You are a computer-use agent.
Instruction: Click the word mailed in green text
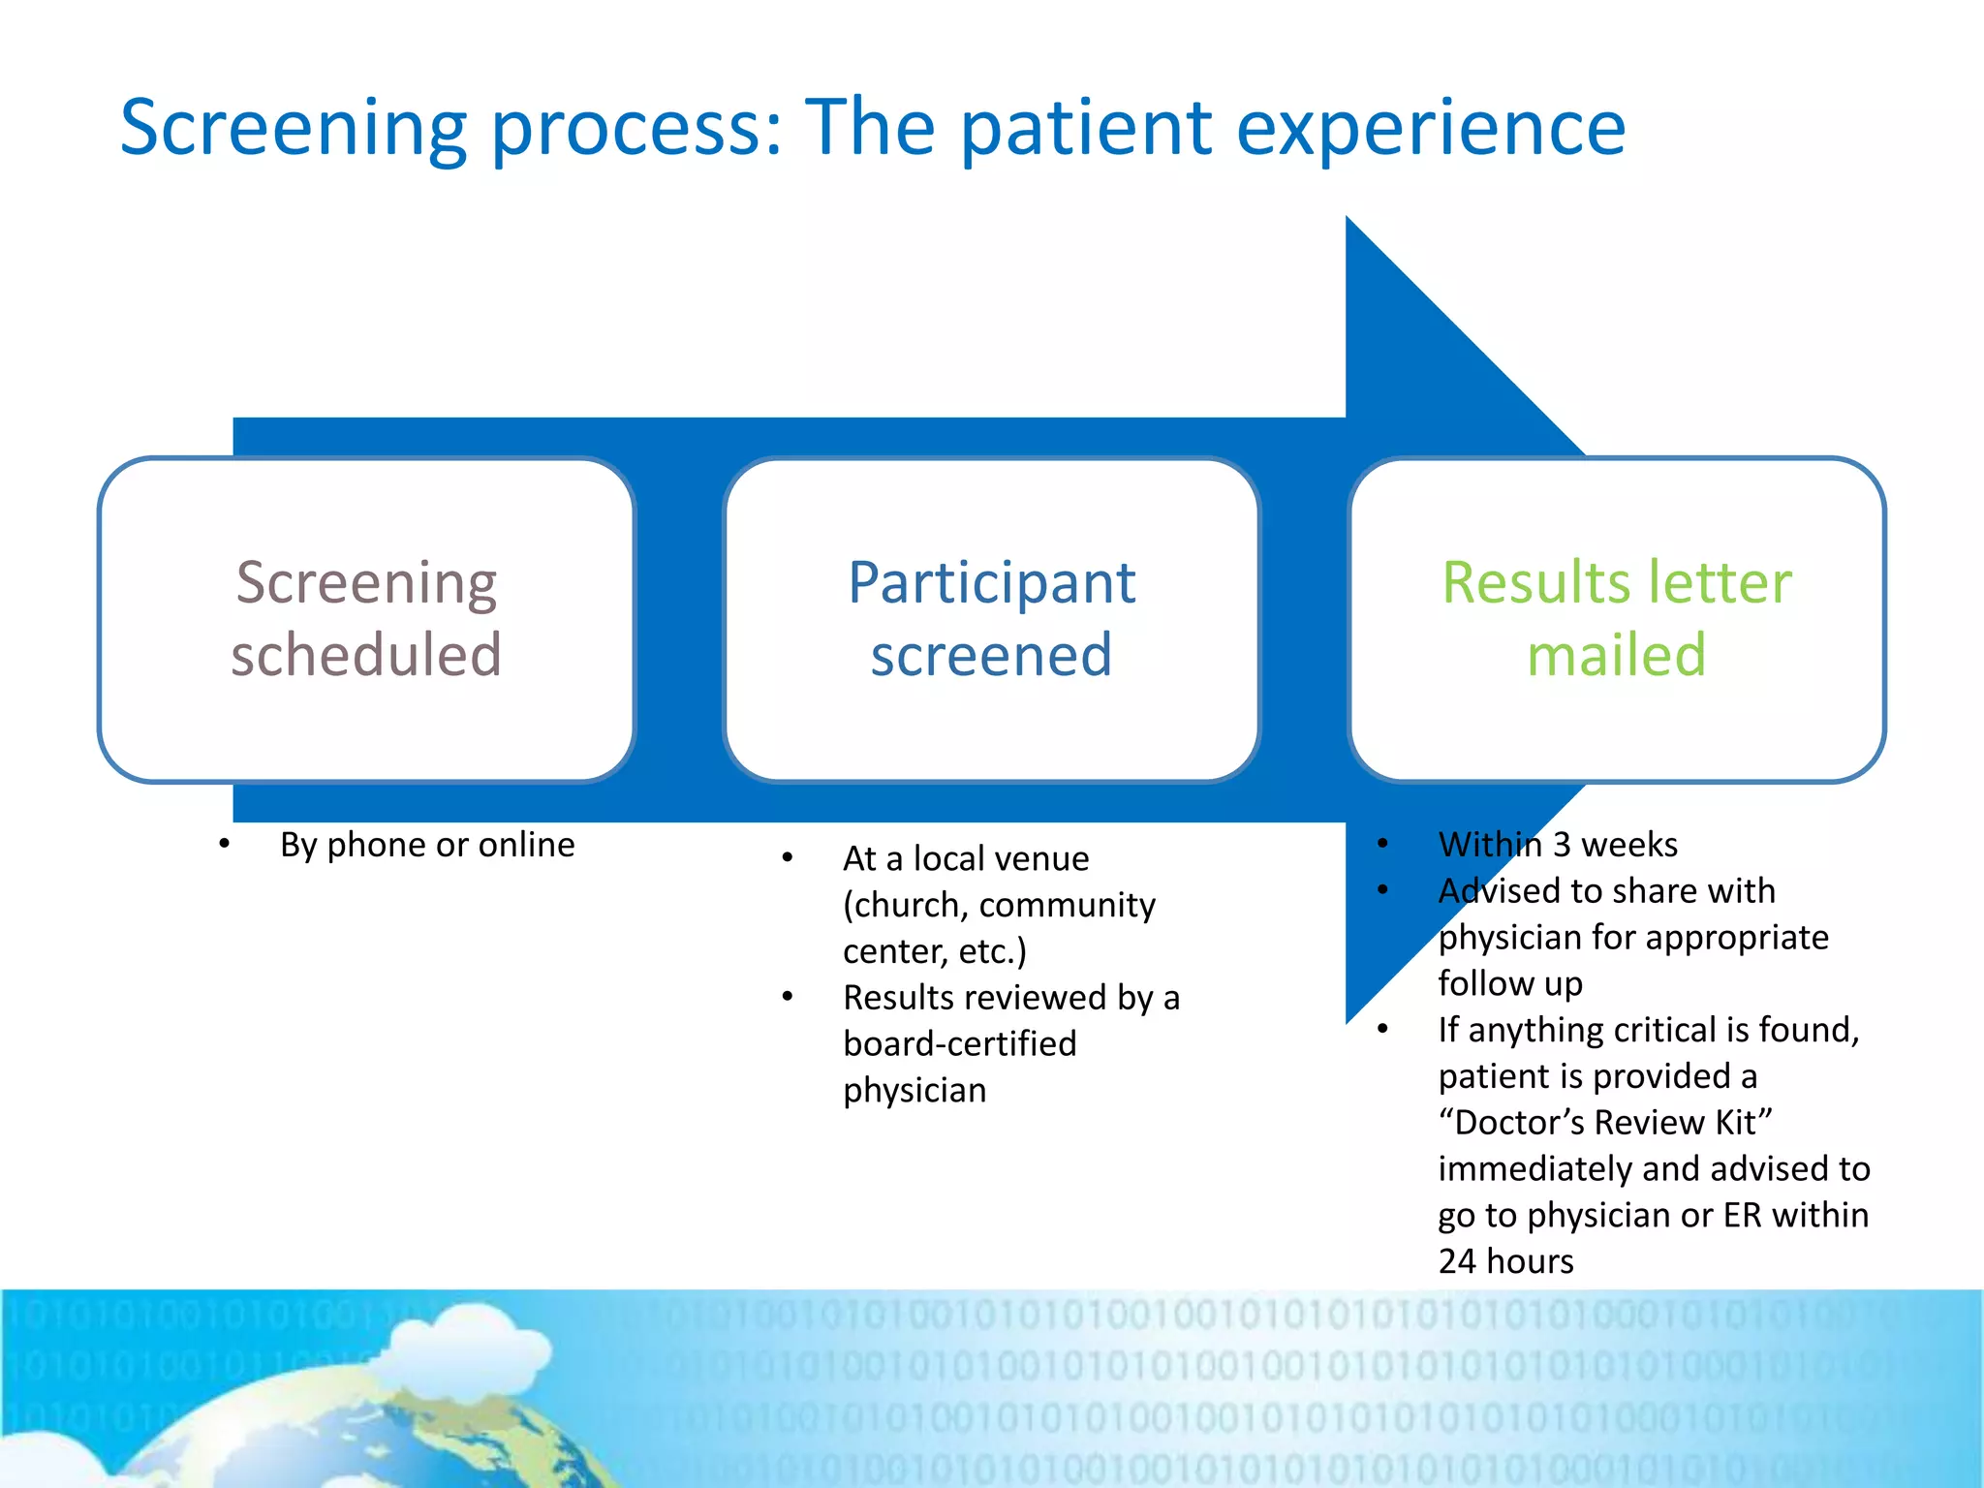1616,655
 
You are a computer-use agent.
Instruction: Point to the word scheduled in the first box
366,655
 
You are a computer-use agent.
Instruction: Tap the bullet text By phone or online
427,845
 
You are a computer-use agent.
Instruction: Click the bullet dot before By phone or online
224,845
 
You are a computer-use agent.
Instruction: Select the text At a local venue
966,858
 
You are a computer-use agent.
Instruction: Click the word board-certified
959,1043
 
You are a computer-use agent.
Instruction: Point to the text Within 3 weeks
1558,845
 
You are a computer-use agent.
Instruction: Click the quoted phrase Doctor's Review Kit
1605,1122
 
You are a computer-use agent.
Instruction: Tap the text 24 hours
1505,1261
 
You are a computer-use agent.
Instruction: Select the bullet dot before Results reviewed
788,997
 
